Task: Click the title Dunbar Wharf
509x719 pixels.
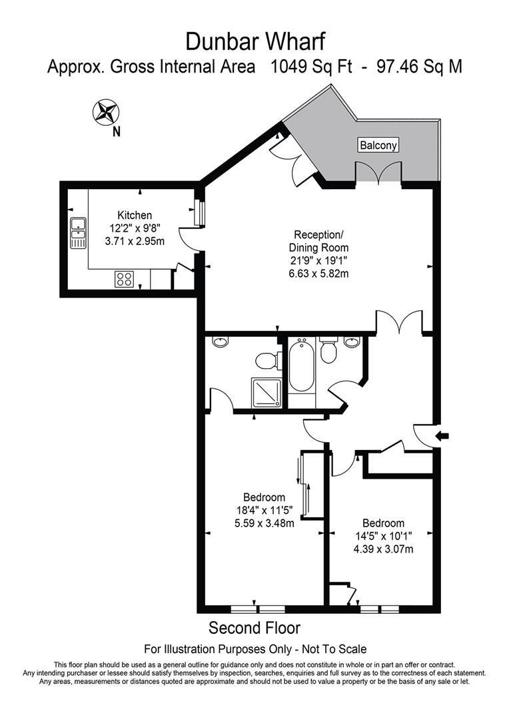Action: click(255, 41)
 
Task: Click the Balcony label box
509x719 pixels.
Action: click(378, 145)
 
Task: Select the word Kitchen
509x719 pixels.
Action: click(135, 215)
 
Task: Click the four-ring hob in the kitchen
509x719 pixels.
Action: click(124, 278)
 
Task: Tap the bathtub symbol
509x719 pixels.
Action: click(301, 367)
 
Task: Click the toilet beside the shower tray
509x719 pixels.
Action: click(266, 361)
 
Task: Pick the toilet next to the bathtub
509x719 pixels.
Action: click(328, 350)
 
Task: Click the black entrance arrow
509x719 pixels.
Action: click(442, 436)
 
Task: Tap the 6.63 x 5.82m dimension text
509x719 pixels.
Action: click(319, 274)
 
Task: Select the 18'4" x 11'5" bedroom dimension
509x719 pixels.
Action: click(264, 510)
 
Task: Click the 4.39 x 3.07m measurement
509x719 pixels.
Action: click(384, 549)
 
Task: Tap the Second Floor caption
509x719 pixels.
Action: click(254, 627)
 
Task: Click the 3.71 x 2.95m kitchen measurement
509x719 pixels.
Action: click(135, 241)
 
